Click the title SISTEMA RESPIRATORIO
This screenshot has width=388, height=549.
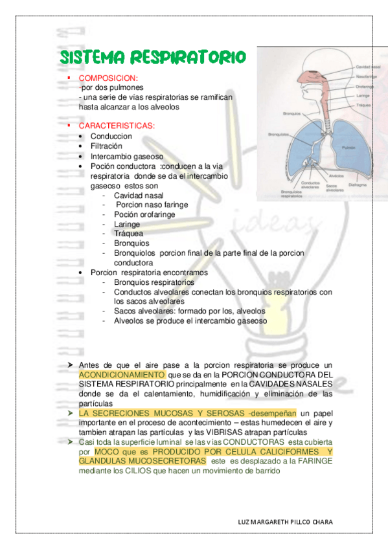153,57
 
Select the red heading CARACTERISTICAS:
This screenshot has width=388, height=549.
117,125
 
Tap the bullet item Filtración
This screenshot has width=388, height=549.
106,146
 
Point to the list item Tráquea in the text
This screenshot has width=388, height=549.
128,233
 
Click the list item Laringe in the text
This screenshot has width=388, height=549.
127,224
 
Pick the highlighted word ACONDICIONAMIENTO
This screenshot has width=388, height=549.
122,375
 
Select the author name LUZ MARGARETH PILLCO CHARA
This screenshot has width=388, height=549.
287,522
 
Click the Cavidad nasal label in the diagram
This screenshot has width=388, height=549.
367,67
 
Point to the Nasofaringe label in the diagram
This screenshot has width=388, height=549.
366,76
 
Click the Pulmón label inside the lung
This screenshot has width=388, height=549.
348,148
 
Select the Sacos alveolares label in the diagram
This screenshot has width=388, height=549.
335,188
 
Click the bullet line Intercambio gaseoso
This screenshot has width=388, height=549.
127,156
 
